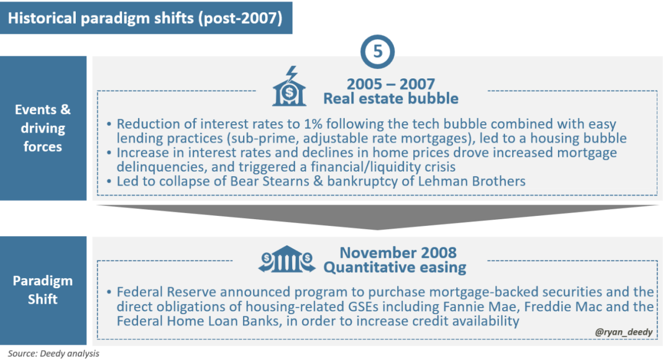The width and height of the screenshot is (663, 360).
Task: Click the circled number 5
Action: pyautogui.click(x=377, y=52)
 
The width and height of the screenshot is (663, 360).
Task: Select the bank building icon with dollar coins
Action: pyautogui.click(x=287, y=259)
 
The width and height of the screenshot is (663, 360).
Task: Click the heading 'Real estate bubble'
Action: pyautogui.click(x=391, y=98)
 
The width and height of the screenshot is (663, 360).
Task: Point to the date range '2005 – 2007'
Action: pyautogui.click(x=391, y=84)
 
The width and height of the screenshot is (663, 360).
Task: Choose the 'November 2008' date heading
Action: pyautogui.click(x=398, y=253)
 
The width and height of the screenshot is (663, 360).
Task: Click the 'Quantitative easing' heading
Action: pyautogui.click(x=395, y=267)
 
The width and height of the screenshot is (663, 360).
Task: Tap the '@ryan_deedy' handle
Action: pyautogui.click(x=624, y=332)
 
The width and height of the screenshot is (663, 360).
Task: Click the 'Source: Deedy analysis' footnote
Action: pyautogui.click(x=54, y=353)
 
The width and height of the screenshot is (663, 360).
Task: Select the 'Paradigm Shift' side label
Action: pyautogui.click(x=43, y=290)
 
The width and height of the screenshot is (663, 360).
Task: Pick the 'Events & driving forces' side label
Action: pyautogui.click(x=43, y=128)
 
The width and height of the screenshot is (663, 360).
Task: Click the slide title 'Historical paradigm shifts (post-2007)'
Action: pyautogui.click(x=145, y=18)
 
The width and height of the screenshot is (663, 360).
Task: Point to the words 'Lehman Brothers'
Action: pyautogui.click(x=471, y=181)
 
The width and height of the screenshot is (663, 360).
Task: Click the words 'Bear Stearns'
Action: pyautogui.click(x=270, y=181)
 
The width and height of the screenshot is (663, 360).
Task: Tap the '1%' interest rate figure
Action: pyautogui.click(x=313, y=124)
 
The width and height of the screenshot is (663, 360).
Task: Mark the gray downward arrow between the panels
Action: pyautogui.click(x=377, y=217)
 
